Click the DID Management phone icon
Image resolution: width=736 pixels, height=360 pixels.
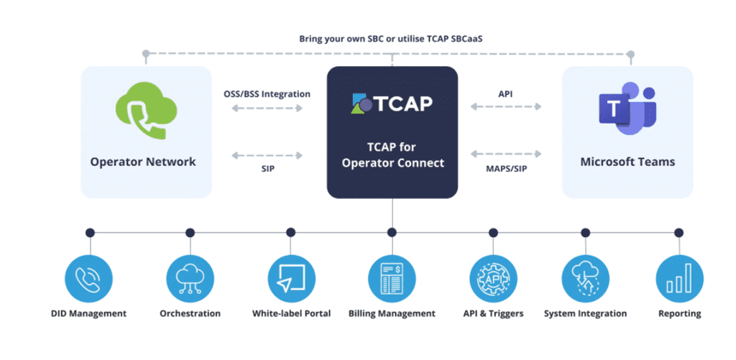[89, 278]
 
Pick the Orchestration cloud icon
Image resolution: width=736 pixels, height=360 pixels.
[190, 278]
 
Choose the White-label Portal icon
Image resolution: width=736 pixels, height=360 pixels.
[291, 278]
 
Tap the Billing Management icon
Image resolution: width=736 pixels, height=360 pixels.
[392, 278]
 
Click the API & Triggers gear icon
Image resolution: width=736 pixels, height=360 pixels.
[493, 278]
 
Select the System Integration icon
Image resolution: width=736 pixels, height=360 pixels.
[585, 278]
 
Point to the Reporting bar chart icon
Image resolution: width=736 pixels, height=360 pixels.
[679, 278]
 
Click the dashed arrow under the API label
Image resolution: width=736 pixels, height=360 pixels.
[505, 107]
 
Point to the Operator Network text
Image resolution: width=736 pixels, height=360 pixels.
[143, 162]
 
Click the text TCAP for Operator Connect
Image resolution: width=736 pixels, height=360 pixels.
[392, 156]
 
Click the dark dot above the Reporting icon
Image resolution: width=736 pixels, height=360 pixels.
[679, 233]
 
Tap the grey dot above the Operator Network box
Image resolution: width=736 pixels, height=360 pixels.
[146, 53]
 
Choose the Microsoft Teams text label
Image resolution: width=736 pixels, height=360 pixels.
[627, 162]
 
